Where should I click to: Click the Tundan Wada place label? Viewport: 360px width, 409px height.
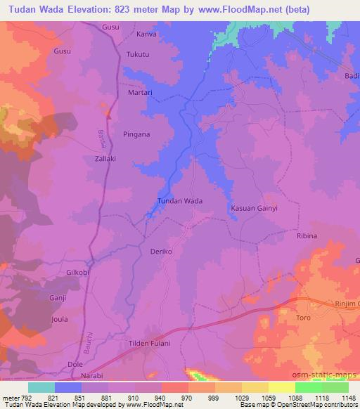179,201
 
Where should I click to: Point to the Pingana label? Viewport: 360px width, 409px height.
137,134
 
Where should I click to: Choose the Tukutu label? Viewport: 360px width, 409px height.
139,55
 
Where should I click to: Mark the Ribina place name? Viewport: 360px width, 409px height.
307,236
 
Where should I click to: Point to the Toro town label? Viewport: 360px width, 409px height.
303,318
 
